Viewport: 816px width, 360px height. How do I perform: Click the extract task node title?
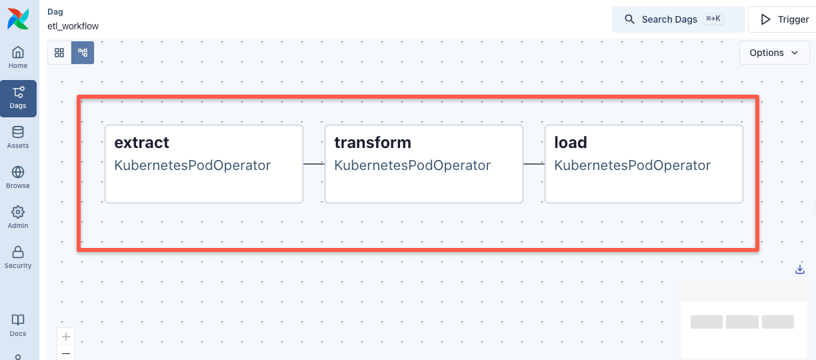[141, 143]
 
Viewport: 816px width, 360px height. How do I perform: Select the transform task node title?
[372, 143]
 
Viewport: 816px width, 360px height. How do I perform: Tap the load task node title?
[570, 143]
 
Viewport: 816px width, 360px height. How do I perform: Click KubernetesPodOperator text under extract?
[192, 165]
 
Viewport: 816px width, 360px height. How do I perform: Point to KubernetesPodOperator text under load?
[632, 165]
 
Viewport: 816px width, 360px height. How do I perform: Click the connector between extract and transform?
[314, 163]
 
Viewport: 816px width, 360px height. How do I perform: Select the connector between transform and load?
[534, 163]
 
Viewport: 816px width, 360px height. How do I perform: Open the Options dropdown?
[774, 53]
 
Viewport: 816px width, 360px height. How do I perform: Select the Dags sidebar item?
[18, 98]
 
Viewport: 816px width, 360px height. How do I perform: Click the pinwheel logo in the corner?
[19, 19]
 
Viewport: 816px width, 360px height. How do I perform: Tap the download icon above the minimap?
[800, 269]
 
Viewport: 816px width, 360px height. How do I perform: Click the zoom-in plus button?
[66, 337]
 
